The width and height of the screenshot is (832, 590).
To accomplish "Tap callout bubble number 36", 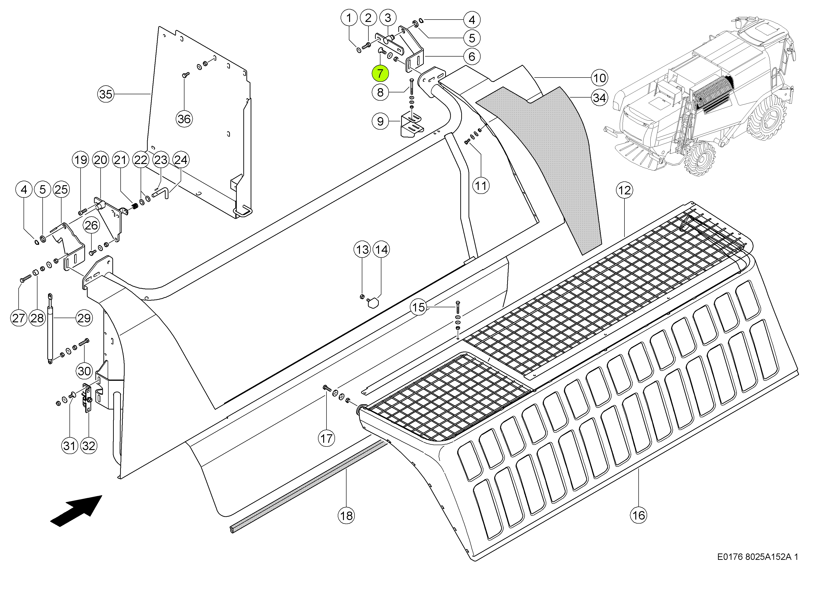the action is (184, 119).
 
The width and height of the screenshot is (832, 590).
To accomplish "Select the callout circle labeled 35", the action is (106, 94).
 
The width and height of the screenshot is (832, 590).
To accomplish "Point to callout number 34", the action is (599, 98).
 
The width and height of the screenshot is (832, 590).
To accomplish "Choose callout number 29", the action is (84, 318).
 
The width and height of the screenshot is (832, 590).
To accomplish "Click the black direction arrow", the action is (76, 510).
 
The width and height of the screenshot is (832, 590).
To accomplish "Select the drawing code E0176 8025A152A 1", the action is (758, 557).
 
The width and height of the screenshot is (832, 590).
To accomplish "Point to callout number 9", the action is (380, 121).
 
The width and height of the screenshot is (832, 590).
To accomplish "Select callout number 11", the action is (481, 186).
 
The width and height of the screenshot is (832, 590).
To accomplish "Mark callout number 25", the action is (61, 189).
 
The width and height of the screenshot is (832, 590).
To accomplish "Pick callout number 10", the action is (599, 78).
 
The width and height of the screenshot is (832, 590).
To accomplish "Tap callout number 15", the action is (418, 307).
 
